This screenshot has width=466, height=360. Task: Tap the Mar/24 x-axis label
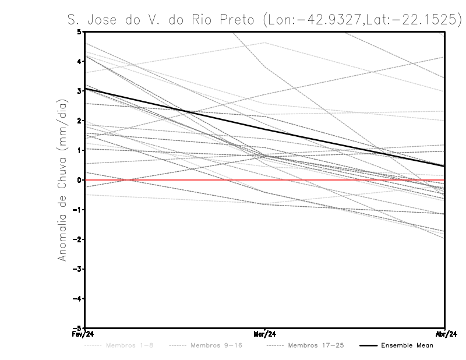tap(265, 334)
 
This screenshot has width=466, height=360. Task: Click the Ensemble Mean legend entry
tap(407, 345)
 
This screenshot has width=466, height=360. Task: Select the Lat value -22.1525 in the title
tap(418, 20)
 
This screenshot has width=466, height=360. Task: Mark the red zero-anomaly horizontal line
tap(349, 180)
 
